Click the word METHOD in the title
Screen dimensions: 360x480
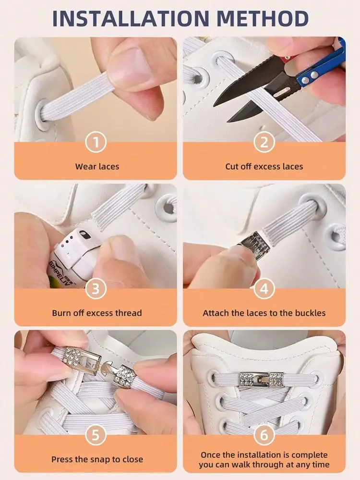click(x=263, y=19)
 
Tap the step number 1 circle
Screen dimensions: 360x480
click(x=96, y=142)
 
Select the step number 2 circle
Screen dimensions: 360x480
click(x=264, y=142)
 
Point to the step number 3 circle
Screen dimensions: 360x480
click(x=96, y=289)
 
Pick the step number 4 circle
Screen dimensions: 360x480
click(x=264, y=289)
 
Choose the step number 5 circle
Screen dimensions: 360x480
click(x=96, y=435)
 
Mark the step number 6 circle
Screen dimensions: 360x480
click(x=264, y=435)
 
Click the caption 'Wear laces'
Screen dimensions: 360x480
click(x=97, y=167)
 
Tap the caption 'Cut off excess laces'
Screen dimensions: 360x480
click(x=264, y=167)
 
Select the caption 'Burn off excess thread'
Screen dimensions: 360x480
click(x=96, y=313)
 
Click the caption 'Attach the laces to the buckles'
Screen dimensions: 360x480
click(x=264, y=313)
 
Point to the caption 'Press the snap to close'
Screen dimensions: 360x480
click(x=97, y=459)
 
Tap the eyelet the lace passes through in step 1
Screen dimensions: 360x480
click(x=43, y=115)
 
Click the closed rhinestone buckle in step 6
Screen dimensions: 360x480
click(x=262, y=379)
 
